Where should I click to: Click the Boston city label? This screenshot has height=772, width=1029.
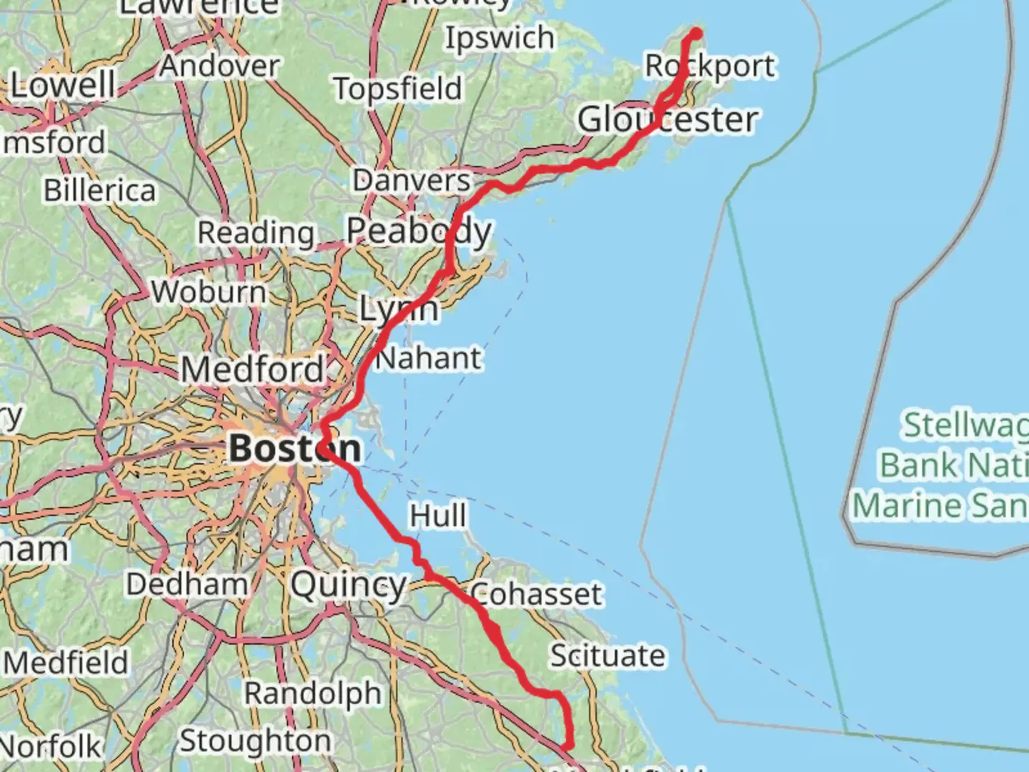coord(294,449)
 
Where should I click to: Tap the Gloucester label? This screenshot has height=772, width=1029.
coord(667,119)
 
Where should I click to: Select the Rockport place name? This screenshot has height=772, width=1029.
coord(710,66)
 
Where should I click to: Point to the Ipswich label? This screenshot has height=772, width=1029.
coord(499,38)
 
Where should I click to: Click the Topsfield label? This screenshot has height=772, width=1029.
coord(398,89)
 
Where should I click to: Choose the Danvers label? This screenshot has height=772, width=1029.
coord(412,181)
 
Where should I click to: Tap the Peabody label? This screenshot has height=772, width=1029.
coord(419,231)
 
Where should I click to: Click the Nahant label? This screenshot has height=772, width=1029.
coord(428,358)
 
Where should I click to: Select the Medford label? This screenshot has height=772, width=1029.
coord(253,370)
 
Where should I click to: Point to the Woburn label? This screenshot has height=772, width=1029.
coord(209,292)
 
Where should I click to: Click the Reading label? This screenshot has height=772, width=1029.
coord(256,232)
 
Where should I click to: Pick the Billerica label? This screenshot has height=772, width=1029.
coord(99,191)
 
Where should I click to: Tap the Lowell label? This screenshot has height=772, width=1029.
coord(63,85)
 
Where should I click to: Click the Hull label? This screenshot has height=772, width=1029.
coord(437,515)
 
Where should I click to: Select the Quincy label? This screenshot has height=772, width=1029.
coord(349,585)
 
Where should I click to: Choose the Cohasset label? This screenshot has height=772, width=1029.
coord(536,594)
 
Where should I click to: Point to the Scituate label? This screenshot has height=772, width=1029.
coord(607,655)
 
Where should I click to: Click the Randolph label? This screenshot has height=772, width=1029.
coord(313,693)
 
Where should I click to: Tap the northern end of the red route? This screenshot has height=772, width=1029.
coord(695,32)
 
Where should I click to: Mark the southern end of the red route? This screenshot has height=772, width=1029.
coord(568,746)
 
